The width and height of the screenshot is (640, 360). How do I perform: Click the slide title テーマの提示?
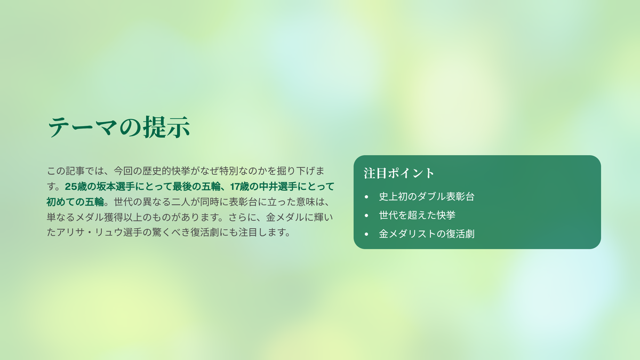(118, 127)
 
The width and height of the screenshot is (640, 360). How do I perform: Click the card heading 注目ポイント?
(399, 173)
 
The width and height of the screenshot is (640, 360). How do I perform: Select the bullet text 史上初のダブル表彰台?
(427, 197)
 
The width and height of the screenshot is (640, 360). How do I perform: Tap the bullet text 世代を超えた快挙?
(417, 215)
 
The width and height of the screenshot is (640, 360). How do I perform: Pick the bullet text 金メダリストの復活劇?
(427, 234)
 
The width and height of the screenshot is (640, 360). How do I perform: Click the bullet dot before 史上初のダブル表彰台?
(366, 197)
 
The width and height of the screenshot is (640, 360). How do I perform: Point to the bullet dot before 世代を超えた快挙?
(366, 215)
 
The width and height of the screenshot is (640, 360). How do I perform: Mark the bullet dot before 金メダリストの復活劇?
(366, 234)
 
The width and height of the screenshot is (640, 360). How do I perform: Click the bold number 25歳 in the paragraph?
(76, 187)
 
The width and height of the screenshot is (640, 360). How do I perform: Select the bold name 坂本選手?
(115, 187)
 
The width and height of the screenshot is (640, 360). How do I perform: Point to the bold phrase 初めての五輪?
(75, 202)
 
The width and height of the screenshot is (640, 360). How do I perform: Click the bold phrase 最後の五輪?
(196, 187)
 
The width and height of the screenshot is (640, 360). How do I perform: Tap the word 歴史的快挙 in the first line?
(166, 171)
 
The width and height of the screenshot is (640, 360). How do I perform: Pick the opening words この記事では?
(75, 171)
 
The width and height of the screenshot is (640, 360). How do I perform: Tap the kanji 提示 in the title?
(166, 127)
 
